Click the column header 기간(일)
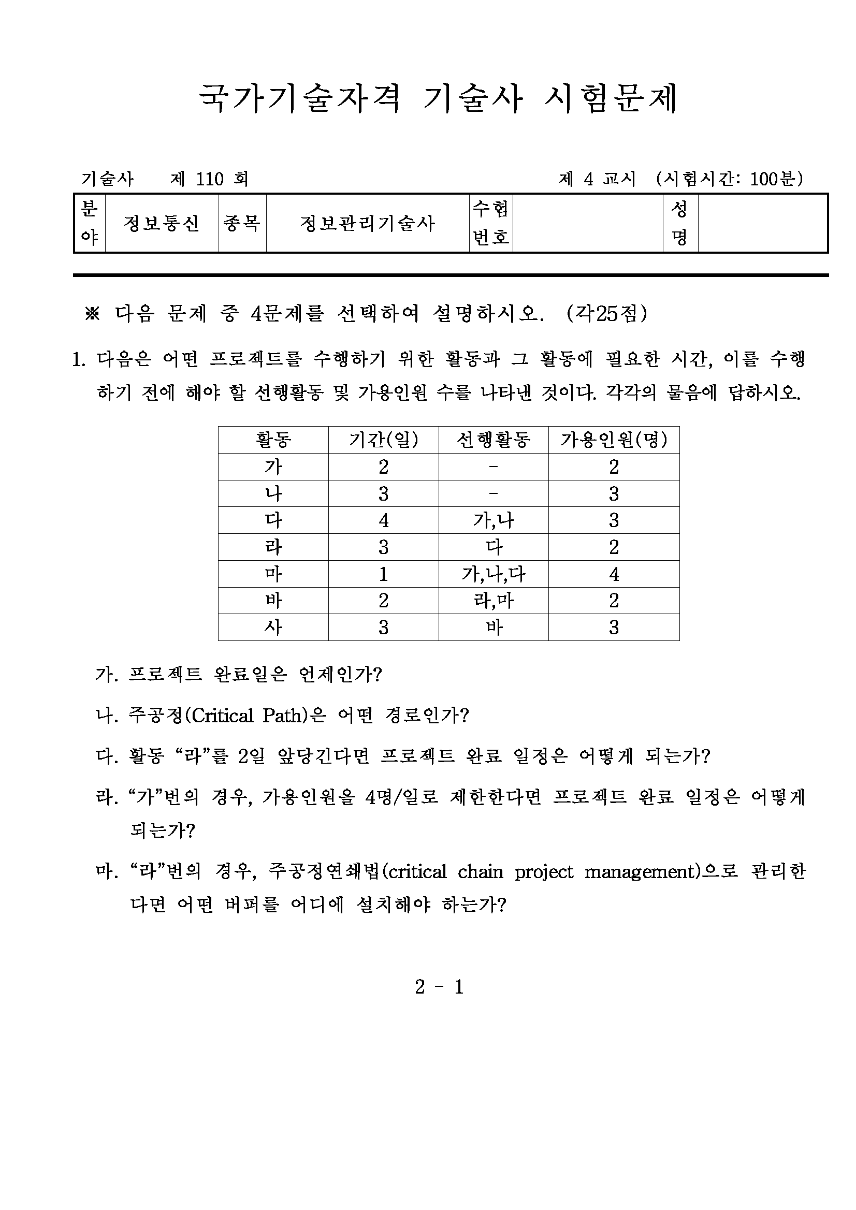383,440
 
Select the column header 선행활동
493,440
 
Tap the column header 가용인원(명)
614,440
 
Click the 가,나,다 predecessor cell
493,574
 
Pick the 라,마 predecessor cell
493,600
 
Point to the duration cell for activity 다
383,520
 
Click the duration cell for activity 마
383,574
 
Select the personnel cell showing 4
614,574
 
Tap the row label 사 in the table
273,627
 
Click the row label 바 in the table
273,600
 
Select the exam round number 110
210,179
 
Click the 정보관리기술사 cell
367,224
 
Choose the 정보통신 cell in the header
161,224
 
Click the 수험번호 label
490,224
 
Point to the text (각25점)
606,314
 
